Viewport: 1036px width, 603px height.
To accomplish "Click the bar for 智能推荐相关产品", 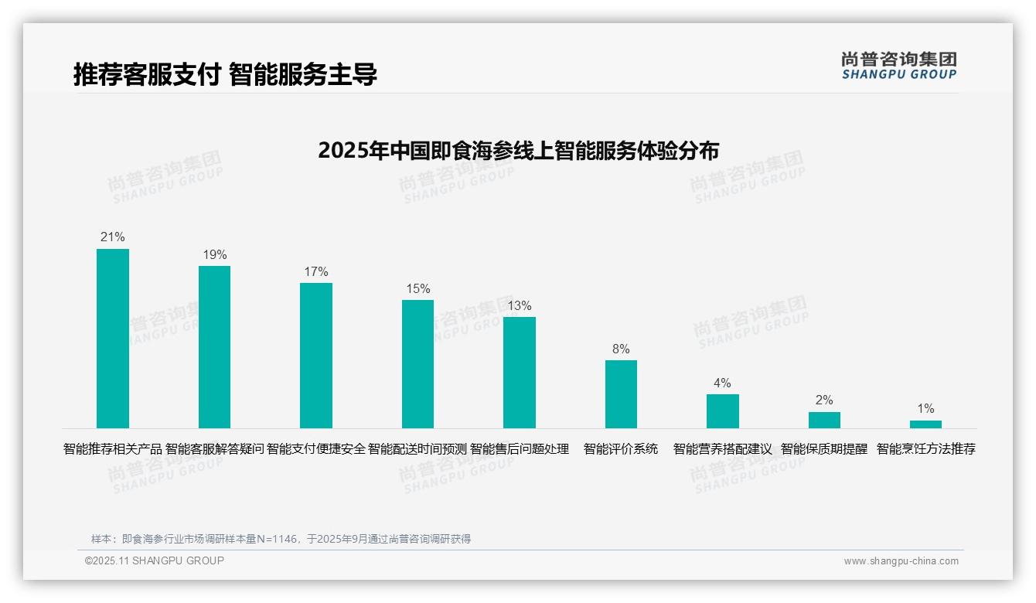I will pos(112,338).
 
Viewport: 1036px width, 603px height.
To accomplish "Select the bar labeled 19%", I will pos(214,346).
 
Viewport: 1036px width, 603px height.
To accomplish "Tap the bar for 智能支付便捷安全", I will pos(316,355).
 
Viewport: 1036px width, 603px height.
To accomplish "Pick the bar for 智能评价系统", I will pos(621,393).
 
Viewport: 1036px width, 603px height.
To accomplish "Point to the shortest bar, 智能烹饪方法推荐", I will pos(925,424).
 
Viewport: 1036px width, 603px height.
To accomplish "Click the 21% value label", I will pos(112,237).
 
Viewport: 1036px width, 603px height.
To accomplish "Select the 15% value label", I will pos(417,288).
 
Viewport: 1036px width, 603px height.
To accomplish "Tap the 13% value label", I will pos(519,305).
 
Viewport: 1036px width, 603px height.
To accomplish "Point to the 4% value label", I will pos(722,383).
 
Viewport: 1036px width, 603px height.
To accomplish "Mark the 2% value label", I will pos(824,400).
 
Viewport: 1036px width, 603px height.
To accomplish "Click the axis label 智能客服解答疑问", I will pos(215,448).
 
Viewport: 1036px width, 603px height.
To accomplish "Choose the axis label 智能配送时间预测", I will pos(417,448).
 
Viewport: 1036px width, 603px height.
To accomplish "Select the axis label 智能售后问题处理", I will pos(520,448).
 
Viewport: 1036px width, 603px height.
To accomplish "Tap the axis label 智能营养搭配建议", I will pos(723,448).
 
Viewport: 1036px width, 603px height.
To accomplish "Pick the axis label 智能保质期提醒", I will pos(824,448).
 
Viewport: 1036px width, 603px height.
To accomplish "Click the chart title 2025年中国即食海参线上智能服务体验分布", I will pos(518,150).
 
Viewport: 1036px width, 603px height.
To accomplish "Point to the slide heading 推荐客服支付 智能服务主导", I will pos(225,75).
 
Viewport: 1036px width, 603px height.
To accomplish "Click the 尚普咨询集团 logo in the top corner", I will pos(898,65).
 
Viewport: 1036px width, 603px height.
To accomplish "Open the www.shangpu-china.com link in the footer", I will pos(901,561).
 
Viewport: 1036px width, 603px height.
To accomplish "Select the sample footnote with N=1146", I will pos(281,539).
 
